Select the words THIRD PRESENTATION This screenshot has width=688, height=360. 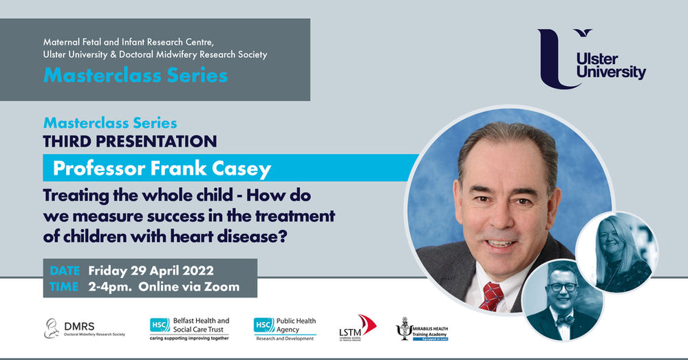point(130,141)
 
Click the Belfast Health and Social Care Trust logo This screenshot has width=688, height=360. point(189,328)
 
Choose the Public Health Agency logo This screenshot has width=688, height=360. point(285,328)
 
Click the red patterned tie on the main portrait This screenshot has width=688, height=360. point(492,295)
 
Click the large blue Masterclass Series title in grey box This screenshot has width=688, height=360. point(135,76)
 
